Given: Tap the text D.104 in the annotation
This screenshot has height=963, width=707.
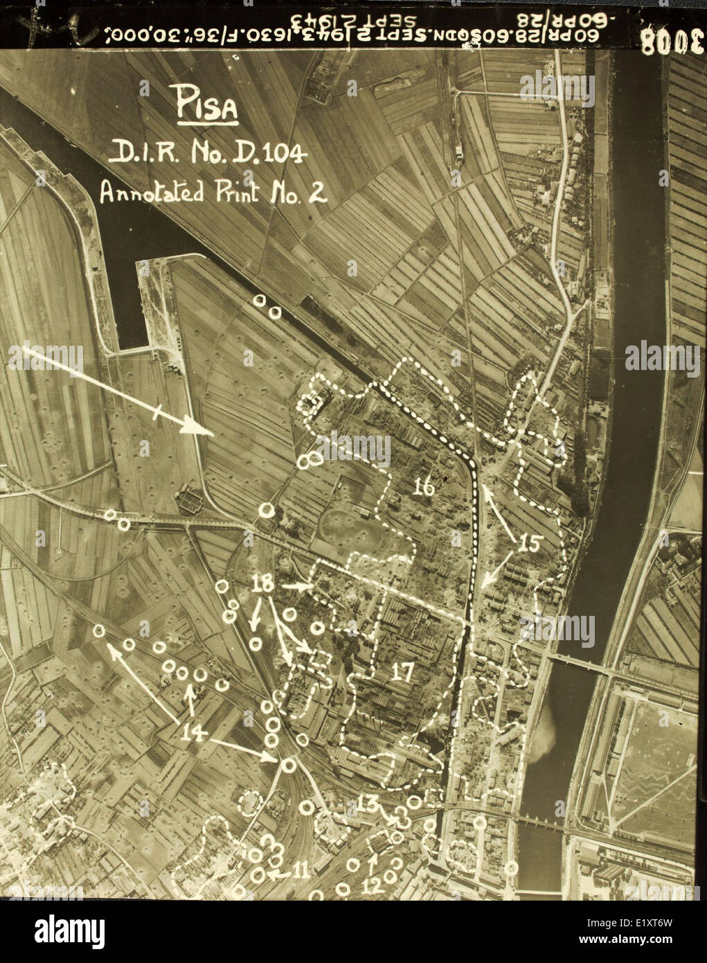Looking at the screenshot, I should coord(274,154).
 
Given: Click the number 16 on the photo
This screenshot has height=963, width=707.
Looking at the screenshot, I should coord(424,488).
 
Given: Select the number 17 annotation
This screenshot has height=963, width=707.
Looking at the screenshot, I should coord(402,671).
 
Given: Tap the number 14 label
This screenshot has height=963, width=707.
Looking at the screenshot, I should coord(194,732).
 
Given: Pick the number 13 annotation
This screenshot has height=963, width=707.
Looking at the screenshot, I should coord(368,804).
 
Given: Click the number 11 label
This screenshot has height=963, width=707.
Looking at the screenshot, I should coord(300,870).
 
